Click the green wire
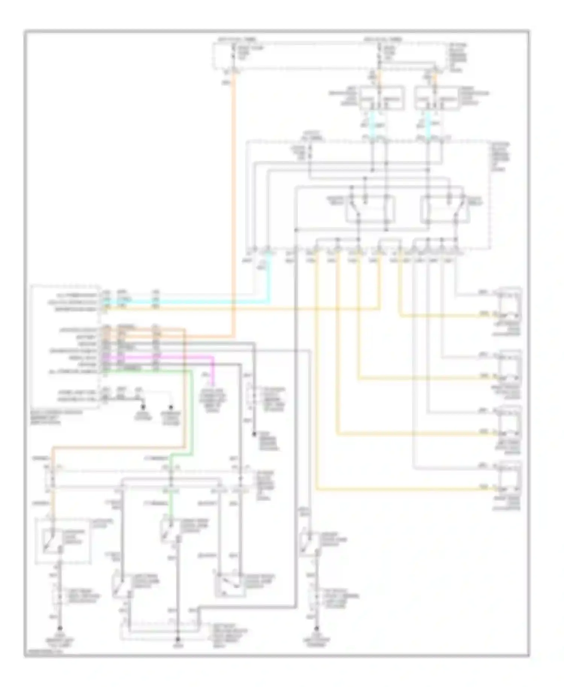(x=191, y=413)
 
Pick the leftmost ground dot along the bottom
(x=59, y=628)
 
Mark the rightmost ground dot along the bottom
(x=317, y=628)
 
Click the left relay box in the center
(x=370, y=209)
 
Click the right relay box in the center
(x=445, y=209)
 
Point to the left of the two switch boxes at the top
(x=382, y=98)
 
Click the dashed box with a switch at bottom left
(x=63, y=541)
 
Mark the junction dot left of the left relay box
(x=296, y=229)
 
